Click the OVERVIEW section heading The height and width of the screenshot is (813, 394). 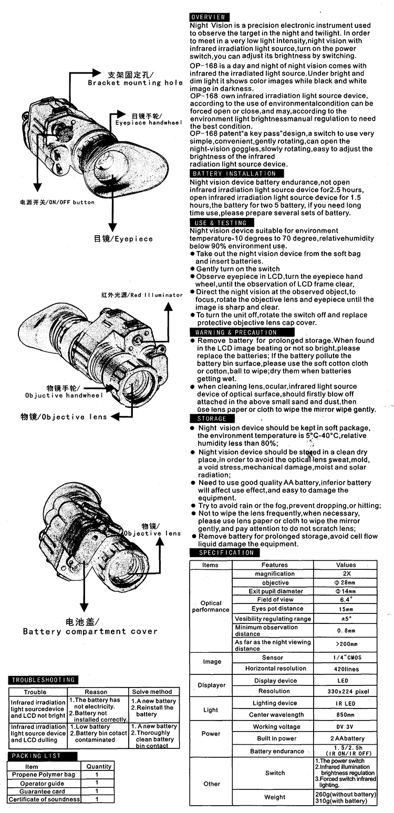point(209,17)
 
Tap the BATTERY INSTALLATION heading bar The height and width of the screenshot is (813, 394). point(236,173)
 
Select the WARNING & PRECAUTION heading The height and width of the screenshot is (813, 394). point(242,332)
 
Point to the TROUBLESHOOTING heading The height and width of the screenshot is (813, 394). point(43,680)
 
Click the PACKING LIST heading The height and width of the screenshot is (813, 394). point(42,756)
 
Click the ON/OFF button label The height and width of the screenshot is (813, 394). point(57,202)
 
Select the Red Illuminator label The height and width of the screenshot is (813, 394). point(142,295)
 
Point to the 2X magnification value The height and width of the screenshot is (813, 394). point(347,574)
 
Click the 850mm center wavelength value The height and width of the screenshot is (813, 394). point(345,715)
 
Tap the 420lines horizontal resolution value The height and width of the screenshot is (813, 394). point(346,669)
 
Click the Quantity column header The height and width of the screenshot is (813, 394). point(99,766)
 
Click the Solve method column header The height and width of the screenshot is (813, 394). point(152,692)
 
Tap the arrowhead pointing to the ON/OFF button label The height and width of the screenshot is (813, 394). point(37,187)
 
